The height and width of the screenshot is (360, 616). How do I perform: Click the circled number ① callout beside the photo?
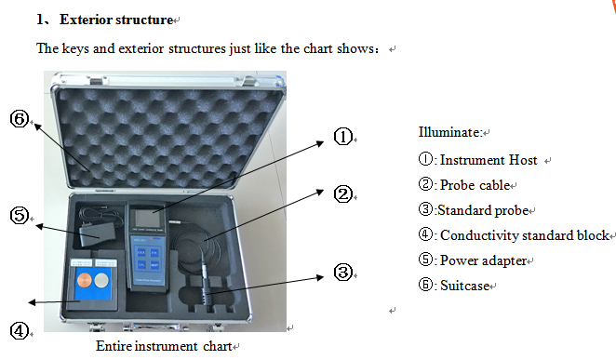(342, 137)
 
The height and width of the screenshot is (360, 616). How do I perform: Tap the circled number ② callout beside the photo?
(342, 193)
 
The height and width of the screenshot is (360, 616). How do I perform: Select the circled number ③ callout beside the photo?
(342, 272)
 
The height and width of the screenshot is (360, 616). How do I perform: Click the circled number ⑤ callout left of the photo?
(20, 216)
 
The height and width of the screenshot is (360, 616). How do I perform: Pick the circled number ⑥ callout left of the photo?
(20, 120)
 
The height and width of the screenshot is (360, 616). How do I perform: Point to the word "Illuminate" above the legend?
(449, 132)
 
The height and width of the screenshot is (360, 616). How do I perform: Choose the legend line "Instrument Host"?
(488, 160)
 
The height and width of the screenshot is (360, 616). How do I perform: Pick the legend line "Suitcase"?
(465, 286)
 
